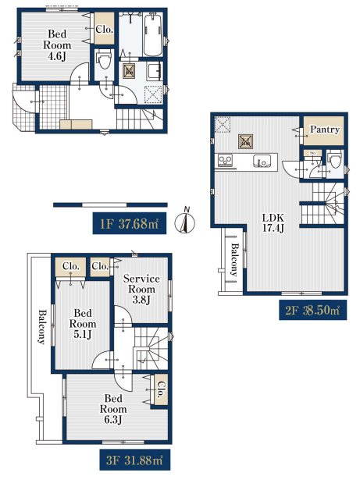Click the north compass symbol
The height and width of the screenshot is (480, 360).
185,221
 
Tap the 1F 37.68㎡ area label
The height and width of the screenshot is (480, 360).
130,223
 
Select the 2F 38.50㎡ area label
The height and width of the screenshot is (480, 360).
313,311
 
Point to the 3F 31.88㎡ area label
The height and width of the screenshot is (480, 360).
135,460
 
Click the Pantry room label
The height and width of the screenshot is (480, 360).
324,130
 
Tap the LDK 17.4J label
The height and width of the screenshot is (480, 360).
273,222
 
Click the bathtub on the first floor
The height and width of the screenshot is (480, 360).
153,34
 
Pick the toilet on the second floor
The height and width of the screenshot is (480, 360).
335,159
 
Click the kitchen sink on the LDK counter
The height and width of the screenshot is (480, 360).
262,161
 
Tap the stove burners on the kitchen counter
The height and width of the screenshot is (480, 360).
225,161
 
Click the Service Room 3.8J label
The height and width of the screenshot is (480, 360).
141,289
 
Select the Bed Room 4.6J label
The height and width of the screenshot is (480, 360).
57,45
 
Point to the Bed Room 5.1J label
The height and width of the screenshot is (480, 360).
83,324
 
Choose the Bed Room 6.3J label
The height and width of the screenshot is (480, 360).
113,409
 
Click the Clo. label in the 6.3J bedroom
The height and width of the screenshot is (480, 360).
162,389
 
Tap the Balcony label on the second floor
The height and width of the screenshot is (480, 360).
234,260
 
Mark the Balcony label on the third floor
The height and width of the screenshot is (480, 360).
42,327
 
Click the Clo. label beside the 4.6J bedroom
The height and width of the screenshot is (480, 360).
104,30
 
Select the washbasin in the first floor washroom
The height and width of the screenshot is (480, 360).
155,71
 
